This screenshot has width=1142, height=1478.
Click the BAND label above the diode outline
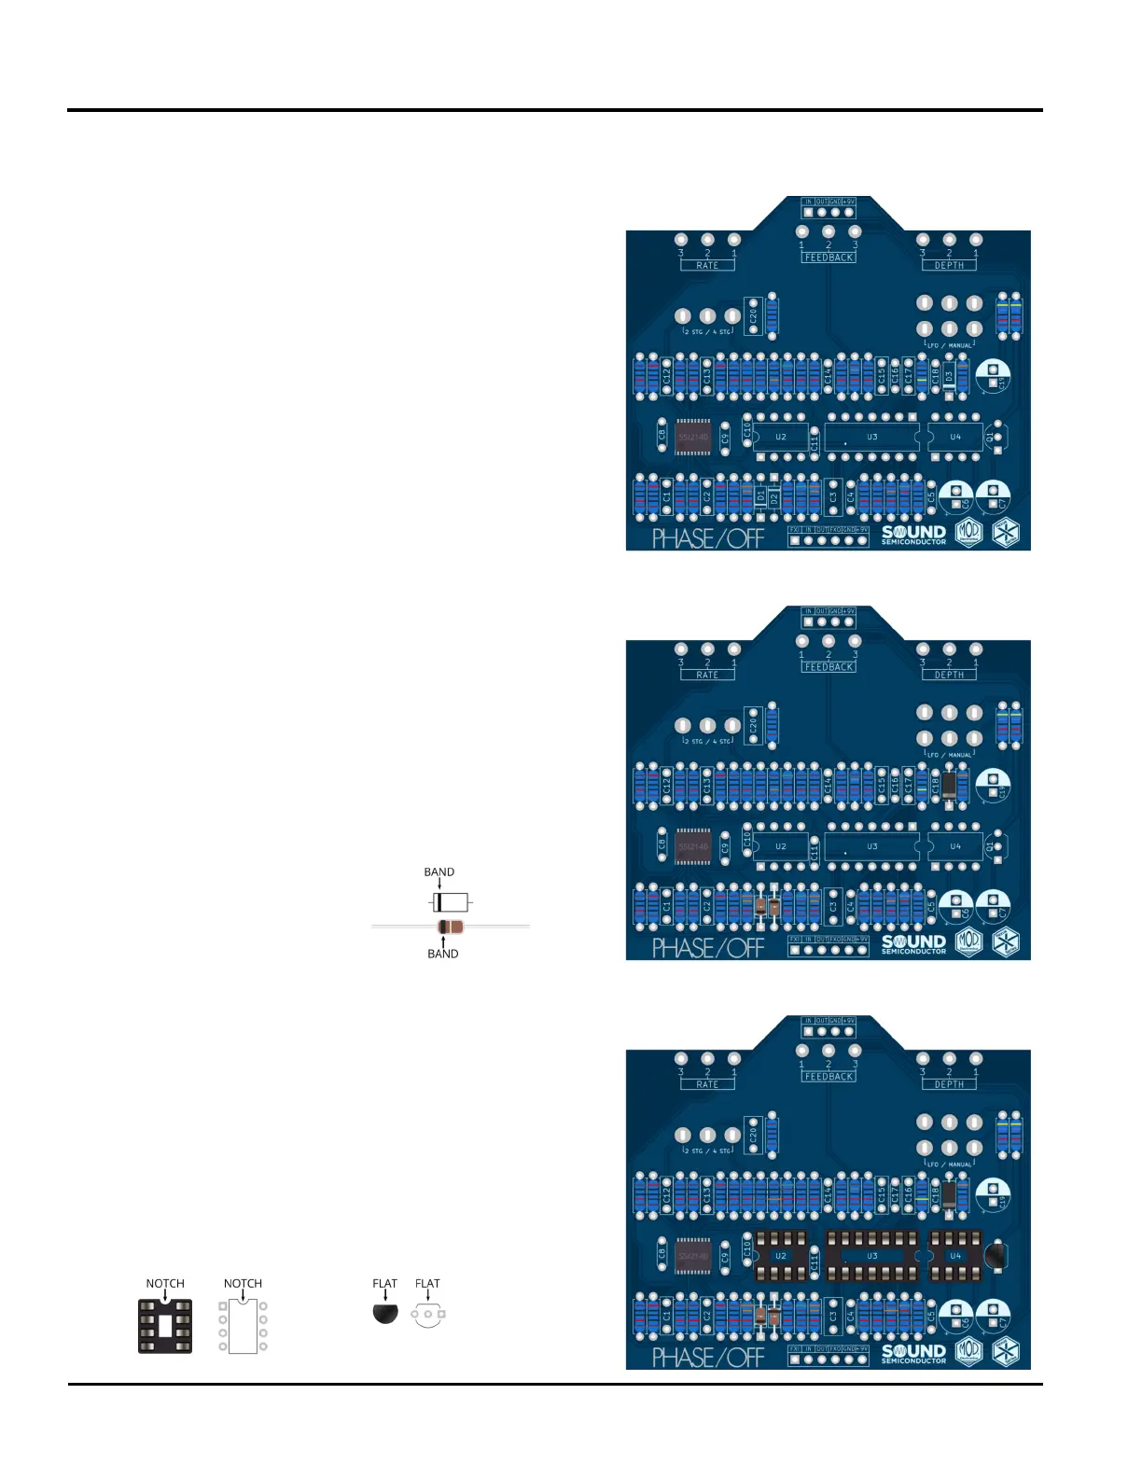pyautogui.click(x=439, y=872)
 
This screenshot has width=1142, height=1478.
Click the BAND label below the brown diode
pyautogui.click(x=442, y=954)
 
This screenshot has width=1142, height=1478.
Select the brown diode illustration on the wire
pyautogui.click(x=450, y=927)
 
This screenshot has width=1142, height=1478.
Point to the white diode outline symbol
pyautogui.click(x=450, y=902)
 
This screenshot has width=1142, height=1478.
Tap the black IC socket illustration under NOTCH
pyautogui.click(x=165, y=1326)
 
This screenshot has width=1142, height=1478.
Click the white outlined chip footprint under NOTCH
pyautogui.click(x=243, y=1326)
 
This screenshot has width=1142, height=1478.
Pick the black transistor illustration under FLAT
pyautogui.click(x=385, y=1314)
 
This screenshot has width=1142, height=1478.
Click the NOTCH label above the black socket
pyautogui.click(x=165, y=1284)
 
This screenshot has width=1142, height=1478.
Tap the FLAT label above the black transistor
pyautogui.click(x=384, y=1284)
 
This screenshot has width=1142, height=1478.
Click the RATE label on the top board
pyautogui.click(x=707, y=266)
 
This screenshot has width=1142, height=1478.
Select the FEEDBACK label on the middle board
pyautogui.click(x=829, y=667)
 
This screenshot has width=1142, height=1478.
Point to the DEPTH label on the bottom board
pyautogui.click(x=949, y=1084)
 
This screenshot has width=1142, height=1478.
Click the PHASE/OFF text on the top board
pyautogui.click(x=707, y=538)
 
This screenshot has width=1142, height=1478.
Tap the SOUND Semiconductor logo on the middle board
pyautogui.click(x=913, y=943)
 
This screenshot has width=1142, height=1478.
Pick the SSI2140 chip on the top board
pyautogui.click(x=693, y=437)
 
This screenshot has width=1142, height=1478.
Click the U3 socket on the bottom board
pyautogui.click(x=872, y=1256)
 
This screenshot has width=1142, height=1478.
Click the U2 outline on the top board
pyautogui.click(x=780, y=437)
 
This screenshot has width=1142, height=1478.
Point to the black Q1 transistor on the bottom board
pyautogui.click(x=996, y=1255)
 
